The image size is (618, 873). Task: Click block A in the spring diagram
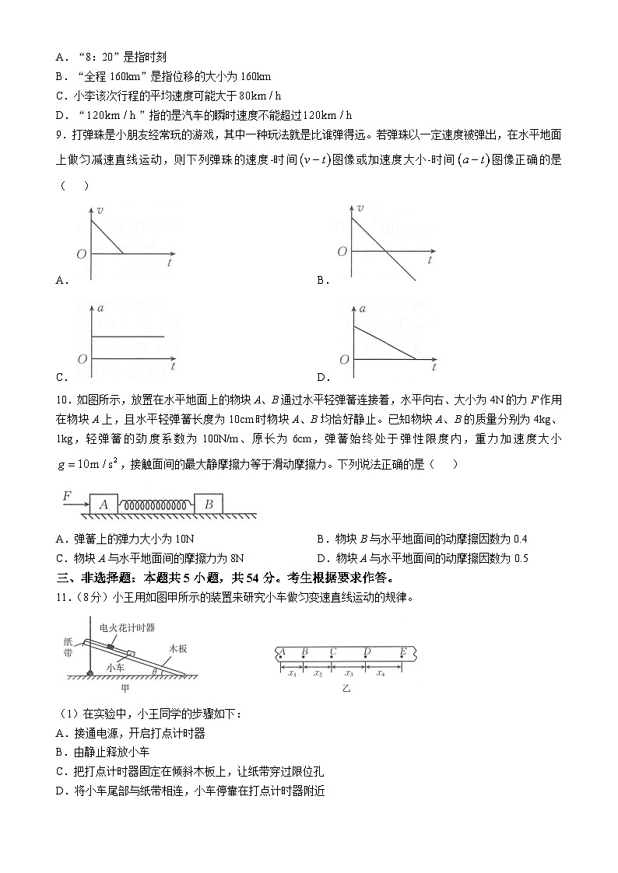tap(103, 504)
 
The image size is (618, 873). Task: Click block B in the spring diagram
tap(209, 504)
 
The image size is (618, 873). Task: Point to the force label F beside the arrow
tap(67, 495)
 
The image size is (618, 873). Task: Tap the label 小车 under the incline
tap(117, 667)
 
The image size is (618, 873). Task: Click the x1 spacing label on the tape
tap(292, 673)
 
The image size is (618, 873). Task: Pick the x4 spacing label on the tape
tap(381, 673)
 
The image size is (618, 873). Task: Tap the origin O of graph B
tap(341, 252)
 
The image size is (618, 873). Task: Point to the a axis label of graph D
tap(362, 309)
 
